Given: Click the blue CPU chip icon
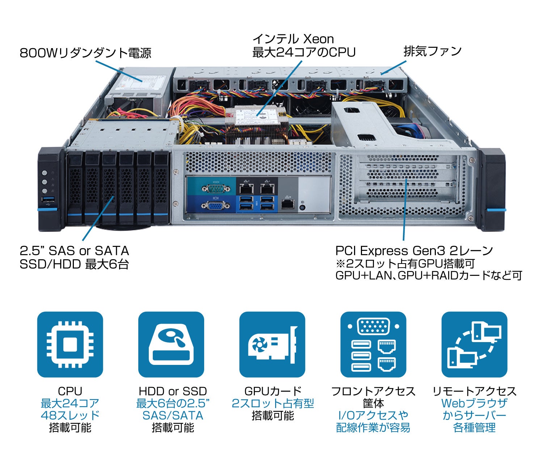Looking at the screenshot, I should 70,344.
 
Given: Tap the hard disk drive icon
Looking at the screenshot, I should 171,344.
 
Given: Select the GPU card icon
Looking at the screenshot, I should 272,344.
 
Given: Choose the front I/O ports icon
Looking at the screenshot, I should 373,344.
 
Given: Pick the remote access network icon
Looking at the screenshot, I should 474,344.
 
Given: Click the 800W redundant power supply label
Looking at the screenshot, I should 85,53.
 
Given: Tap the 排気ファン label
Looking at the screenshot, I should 432,51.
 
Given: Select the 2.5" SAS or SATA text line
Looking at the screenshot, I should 74,251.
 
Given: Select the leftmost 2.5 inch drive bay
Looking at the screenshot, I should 75,188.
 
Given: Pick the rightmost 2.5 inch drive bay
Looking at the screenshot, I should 161,188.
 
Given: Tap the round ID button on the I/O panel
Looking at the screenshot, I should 303,208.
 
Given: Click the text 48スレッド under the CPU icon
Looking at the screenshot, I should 70,415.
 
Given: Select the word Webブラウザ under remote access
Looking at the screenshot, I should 474,403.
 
